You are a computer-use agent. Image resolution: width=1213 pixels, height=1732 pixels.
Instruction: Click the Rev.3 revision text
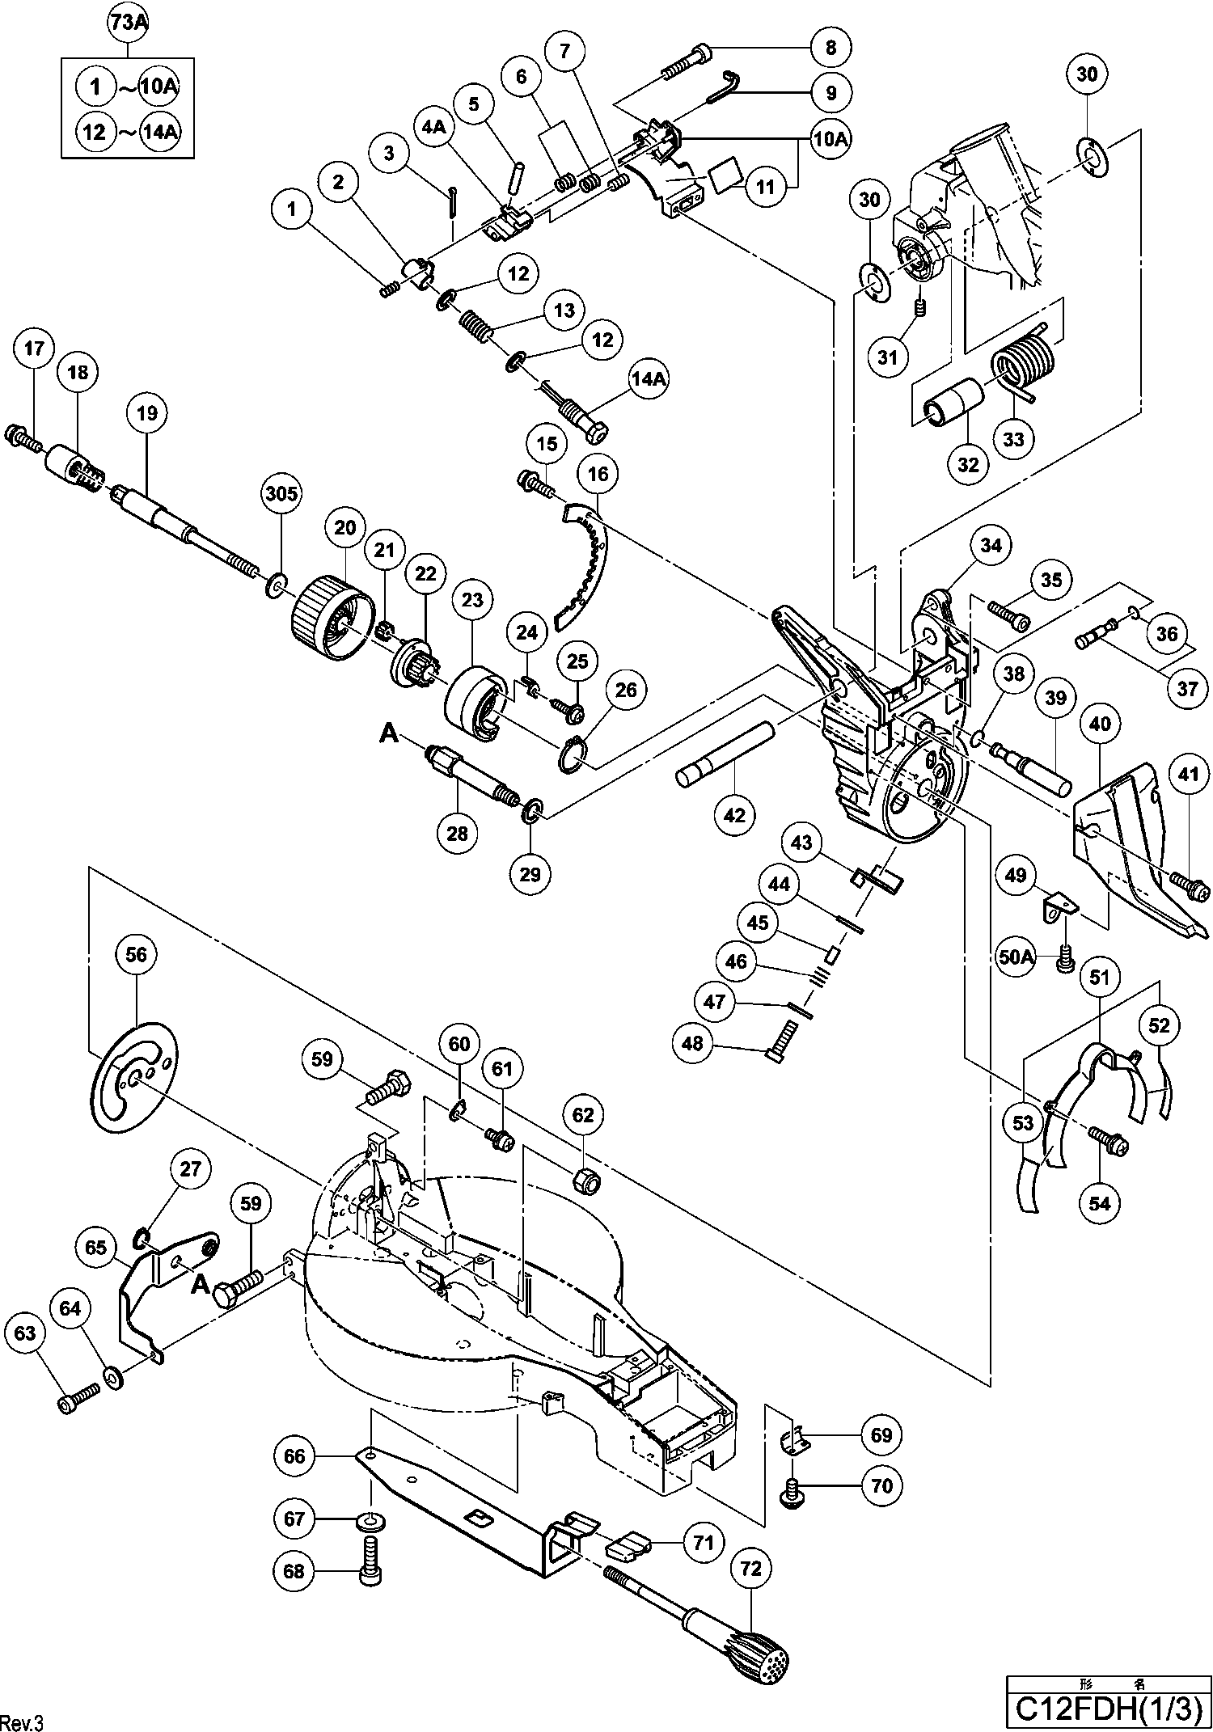[22, 1721]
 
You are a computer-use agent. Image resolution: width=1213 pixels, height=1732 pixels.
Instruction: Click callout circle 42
[734, 815]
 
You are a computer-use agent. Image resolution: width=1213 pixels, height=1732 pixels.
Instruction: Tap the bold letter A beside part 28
[390, 733]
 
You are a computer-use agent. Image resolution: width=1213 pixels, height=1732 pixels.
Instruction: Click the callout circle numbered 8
[831, 47]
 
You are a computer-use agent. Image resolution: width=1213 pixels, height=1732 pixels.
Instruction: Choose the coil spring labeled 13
[477, 330]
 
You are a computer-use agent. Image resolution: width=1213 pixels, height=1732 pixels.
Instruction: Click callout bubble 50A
[1016, 957]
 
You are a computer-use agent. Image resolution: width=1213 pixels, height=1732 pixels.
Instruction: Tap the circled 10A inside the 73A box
[158, 87]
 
